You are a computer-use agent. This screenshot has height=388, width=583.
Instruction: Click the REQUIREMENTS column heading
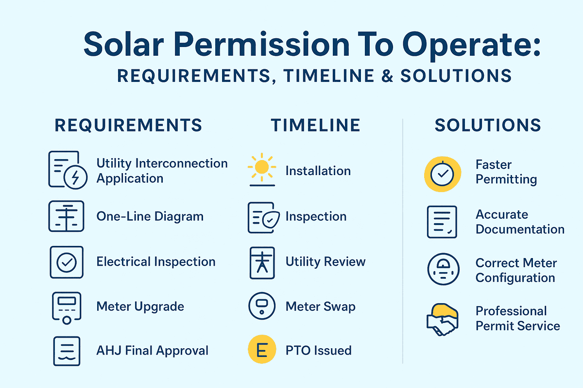[x=128, y=125]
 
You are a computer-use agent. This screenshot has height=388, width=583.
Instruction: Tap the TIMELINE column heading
[x=316, y=125]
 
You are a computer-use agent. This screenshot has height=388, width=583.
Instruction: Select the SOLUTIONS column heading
[x=488, y=125]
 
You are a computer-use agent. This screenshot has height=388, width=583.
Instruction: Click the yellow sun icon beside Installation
[x=262, y=167]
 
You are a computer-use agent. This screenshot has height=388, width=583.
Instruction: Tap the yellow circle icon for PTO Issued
[x=262, y=350]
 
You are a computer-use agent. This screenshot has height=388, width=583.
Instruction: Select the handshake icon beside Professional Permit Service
[x=442, y=319]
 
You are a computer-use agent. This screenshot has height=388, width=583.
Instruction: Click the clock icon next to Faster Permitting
[x=442, y=174]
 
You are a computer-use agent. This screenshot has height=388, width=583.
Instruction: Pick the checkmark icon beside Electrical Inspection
[x=67, y=262]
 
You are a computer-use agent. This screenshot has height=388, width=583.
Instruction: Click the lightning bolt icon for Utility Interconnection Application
[x=75, y=178]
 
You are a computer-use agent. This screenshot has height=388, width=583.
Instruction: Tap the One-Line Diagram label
[x=150, y=216]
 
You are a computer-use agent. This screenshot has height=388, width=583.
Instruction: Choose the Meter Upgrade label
[x=140, y=307]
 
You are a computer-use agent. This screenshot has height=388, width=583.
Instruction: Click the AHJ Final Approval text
[x=152, y=350]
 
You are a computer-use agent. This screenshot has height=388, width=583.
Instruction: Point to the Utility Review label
[x=325, y=262]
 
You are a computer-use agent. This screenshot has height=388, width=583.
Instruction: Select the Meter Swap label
[x=320, y=307]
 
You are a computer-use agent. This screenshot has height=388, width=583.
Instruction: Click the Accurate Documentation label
[x=519, y=222]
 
